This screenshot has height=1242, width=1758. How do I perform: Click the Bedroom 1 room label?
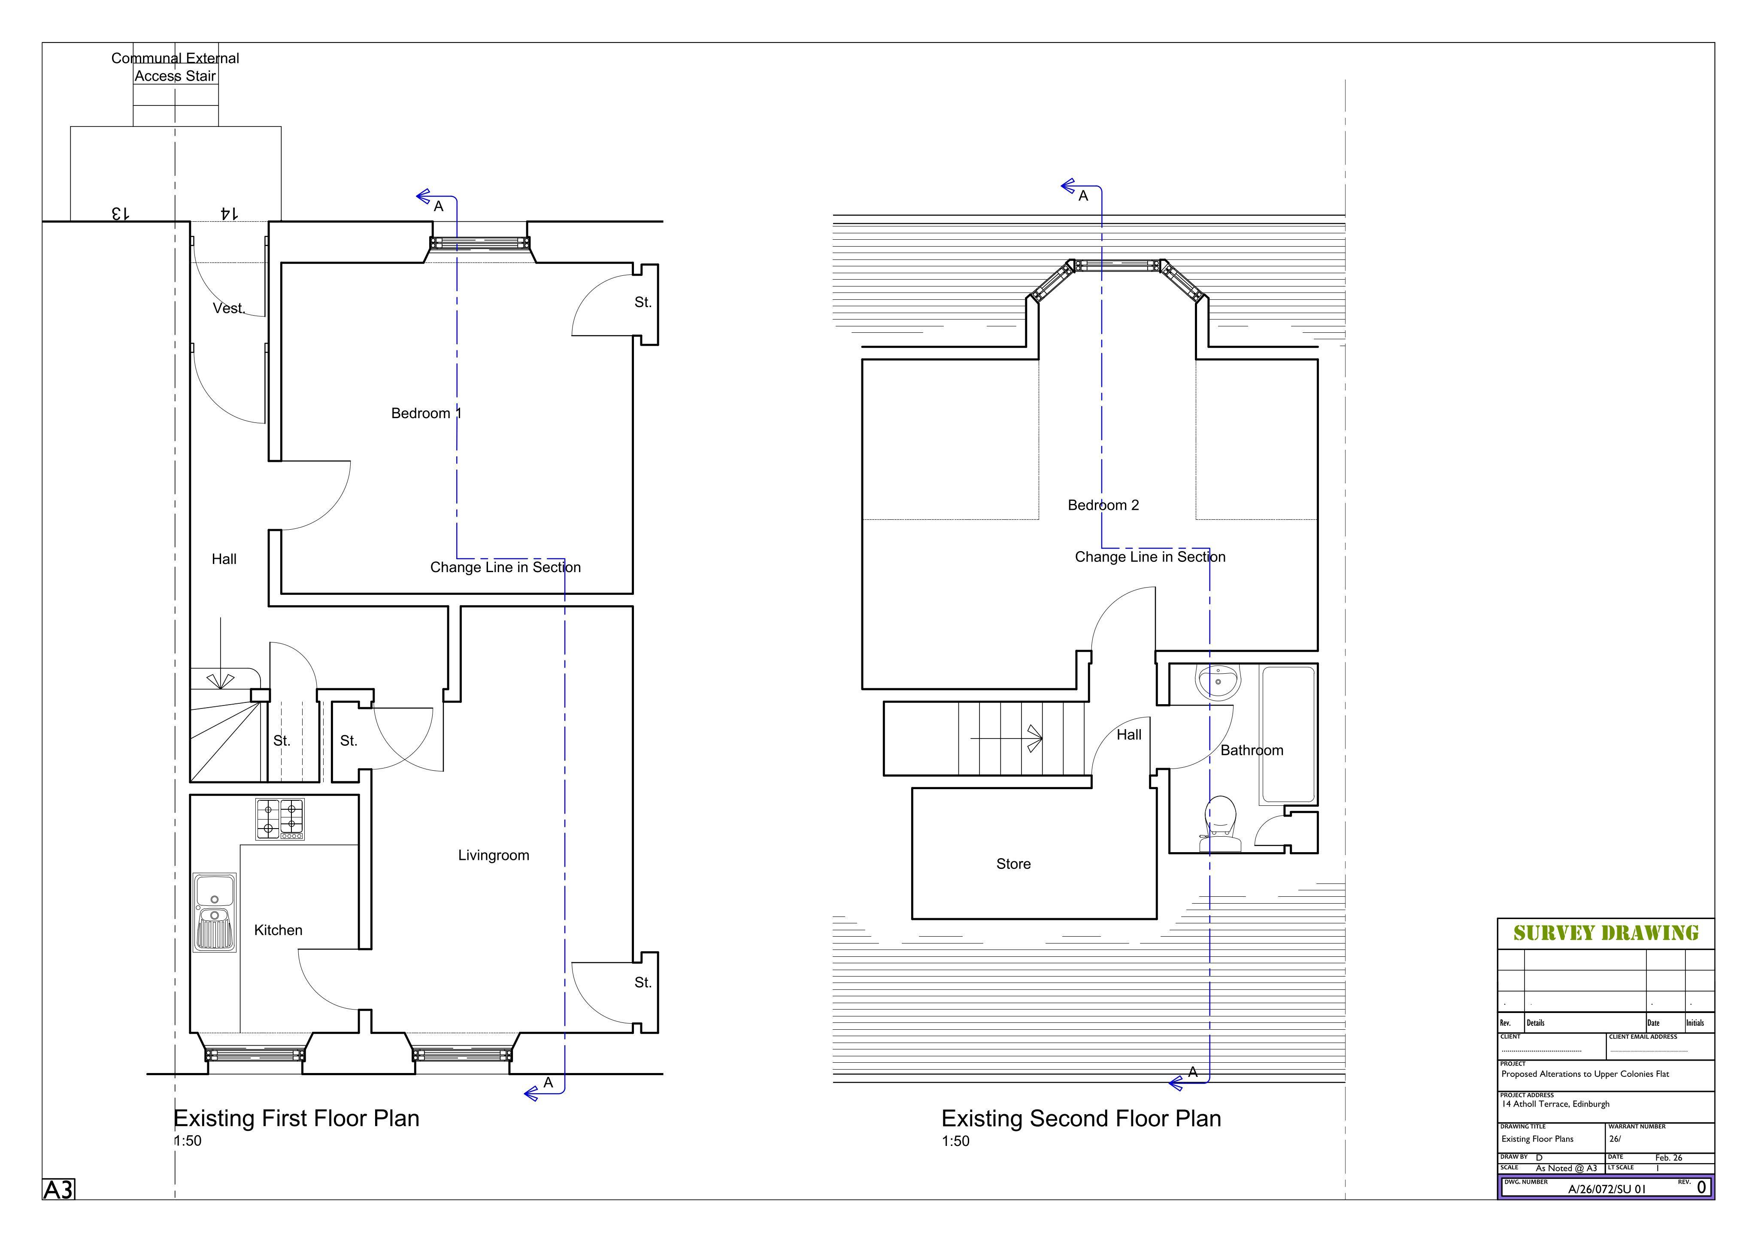click(x=427, y=413)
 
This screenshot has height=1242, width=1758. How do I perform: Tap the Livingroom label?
click(x=494, y=856)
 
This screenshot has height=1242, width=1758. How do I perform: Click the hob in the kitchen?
click(x=279, y=819)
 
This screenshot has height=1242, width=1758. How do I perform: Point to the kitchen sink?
click(x=215, y=912)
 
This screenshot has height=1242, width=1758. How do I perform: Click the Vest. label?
click(x=229, y=308)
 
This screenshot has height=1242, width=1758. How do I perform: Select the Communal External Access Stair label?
click(x=176, y=66)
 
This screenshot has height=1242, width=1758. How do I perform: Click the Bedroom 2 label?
click(x=1103, y=505)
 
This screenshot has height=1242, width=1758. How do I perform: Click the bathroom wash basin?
click(x=1218, y=682)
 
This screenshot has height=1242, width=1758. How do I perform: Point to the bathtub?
click(x=1288, y=735)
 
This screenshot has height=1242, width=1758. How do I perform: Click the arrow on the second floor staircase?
click(x=1006, y=739)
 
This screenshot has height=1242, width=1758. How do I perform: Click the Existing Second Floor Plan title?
click(x=1081, y=1119)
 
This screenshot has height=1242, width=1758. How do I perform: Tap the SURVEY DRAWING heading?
click(x=1606, y=933)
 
